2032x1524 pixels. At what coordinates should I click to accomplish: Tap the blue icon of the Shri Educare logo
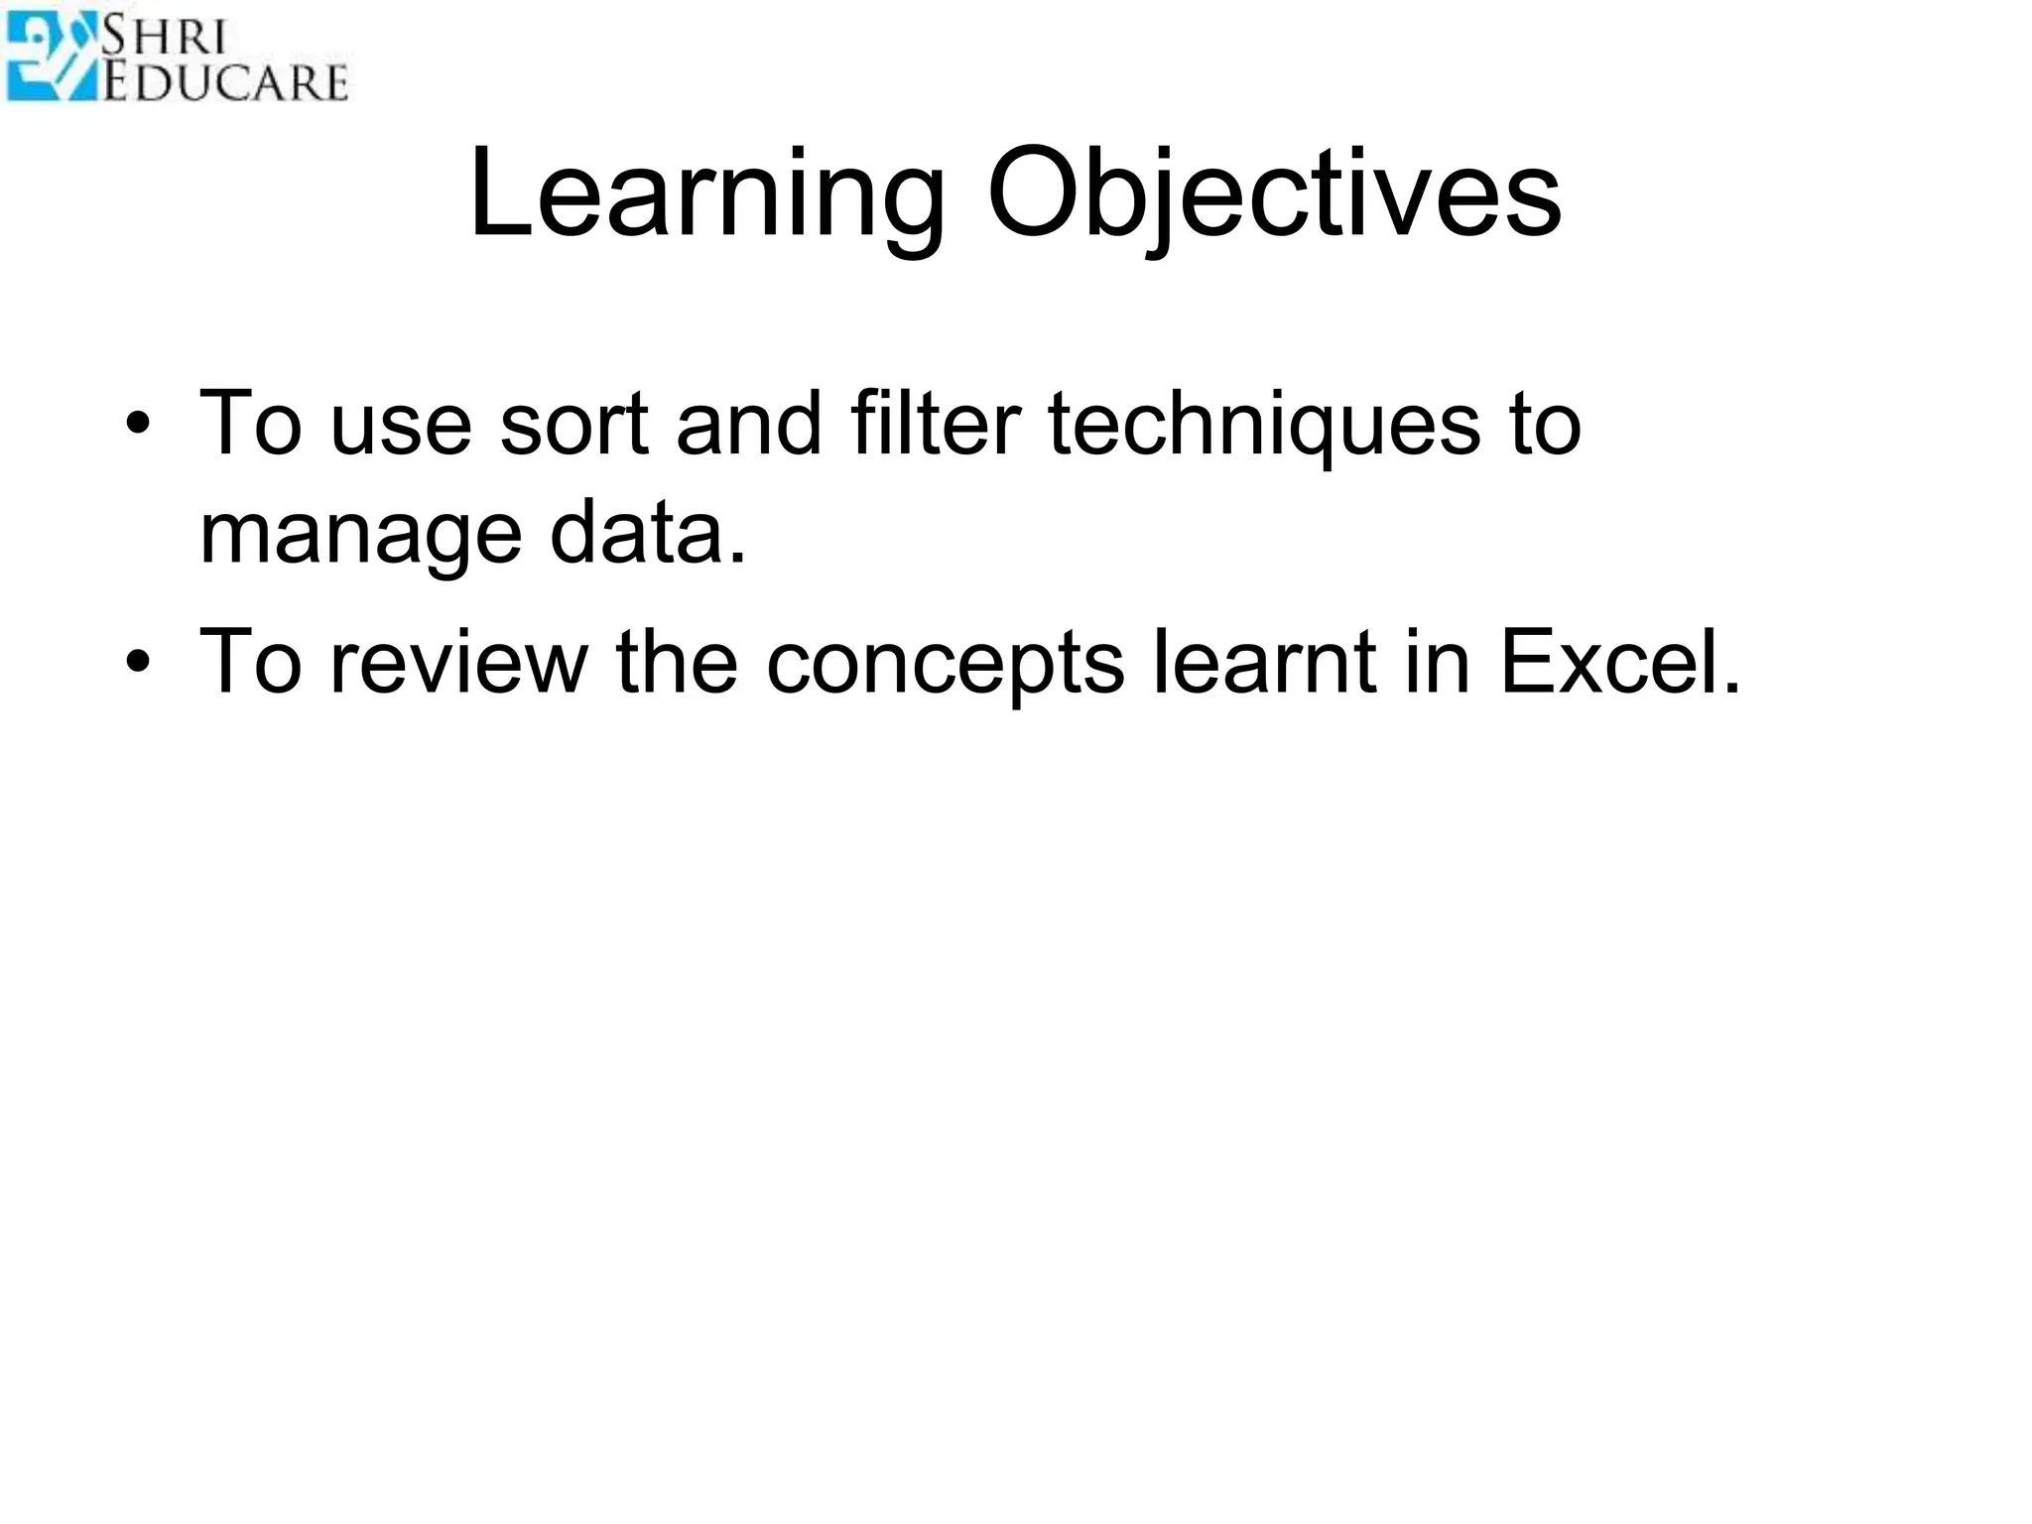click(x=50, y=57)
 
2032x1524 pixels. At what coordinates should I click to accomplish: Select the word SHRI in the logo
click(x=165, y=37)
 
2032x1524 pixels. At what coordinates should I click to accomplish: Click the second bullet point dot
click(x=138, y=663)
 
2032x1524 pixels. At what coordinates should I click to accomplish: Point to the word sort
click(x=573, y=424)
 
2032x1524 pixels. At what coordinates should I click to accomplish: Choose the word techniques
click(x=1264, y=424)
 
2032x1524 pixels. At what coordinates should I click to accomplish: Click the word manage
click(x=360, y=534)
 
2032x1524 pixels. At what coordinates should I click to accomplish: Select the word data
click(x=646, y=534)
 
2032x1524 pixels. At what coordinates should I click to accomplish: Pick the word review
click(x=459, y=662)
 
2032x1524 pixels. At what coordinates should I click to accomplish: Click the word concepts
click(x=945, y=662)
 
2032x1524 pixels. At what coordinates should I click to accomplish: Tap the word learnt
click(x=1263, y=662)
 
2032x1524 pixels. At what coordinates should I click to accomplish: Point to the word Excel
click(x=1618, y=662)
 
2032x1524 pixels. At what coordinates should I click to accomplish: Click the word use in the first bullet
click(x=401, y=424)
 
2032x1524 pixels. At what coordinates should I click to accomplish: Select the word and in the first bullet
click(x=748, y=424)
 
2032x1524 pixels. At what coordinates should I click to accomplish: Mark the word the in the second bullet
click(x=677, y=662)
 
